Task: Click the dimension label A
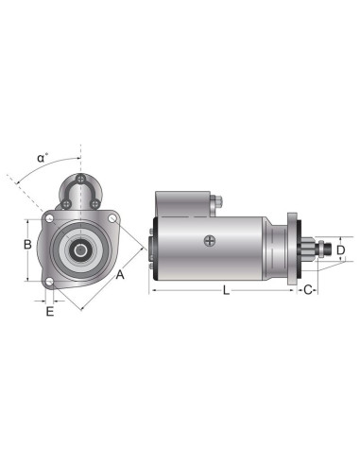120,275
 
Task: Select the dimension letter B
28,245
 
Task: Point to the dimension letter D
342,250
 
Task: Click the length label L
226,291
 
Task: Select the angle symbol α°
43,159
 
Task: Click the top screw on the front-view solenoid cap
82,181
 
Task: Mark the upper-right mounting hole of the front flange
112,220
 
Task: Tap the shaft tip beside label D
328,249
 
